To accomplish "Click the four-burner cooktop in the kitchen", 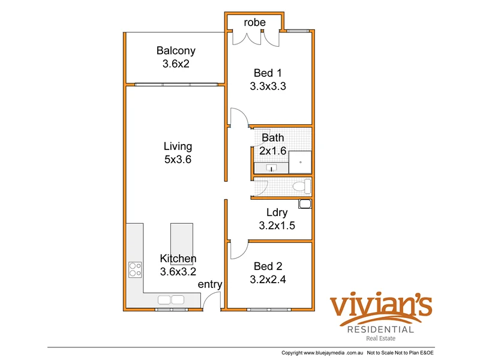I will (134, 270).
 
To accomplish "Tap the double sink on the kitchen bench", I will (171, 299).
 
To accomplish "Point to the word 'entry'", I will (210, 284).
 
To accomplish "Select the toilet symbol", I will (301, 187).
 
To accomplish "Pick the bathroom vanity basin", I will (270, 168).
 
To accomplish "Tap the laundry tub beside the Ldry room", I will (305, 205).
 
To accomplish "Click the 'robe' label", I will (254, 22).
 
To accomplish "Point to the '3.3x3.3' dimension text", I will (268, 86).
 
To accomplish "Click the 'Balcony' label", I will (176, 50).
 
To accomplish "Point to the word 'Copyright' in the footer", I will (296, 352).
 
